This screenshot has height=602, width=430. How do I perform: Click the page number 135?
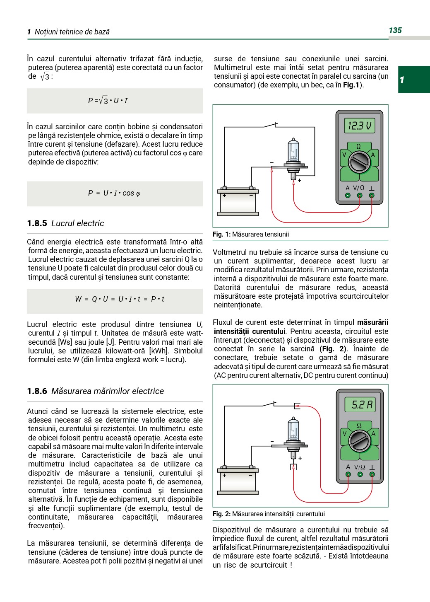(x=395, y=30)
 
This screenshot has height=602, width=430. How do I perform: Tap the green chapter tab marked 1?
(x=413, y=79)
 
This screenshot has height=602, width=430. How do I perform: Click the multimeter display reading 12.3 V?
(x=359, y=125)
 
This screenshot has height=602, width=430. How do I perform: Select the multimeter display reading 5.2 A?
(x=360, y=404)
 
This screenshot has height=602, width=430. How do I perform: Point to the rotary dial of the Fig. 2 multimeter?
(x=359, y=441)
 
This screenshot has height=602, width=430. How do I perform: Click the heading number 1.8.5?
(x=37, y=223)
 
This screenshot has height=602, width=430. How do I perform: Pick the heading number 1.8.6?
(x=37, y=391)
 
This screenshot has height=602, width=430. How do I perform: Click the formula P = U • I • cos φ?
(x=114, y=193)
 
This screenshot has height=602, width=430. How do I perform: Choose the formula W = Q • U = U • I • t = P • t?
(x=120, y=299)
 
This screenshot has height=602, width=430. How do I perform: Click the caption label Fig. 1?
(x=221, y=235)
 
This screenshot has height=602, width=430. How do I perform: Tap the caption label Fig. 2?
(x=221, y=514)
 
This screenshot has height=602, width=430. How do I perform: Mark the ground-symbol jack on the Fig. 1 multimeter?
(x=372, y=195)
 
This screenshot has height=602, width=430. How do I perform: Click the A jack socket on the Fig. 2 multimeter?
(x=348, y=474)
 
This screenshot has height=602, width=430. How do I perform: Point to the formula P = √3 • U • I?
(x=108, y=101)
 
